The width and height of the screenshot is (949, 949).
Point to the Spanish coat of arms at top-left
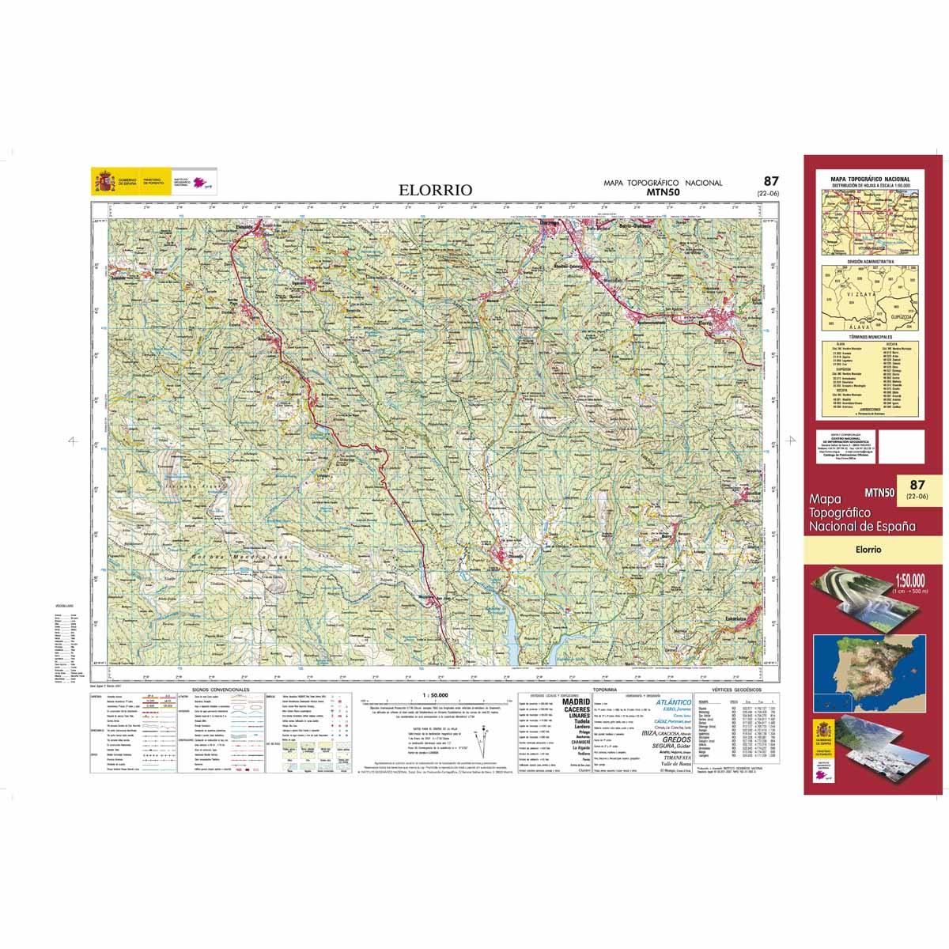click(104, 182)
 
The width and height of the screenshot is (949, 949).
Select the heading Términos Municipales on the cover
click(870, 337)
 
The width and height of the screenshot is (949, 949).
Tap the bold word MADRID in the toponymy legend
click(575, 701)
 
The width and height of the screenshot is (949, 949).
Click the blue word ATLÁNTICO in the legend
click(674, 701)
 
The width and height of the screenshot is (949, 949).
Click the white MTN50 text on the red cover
click(879, 492)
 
